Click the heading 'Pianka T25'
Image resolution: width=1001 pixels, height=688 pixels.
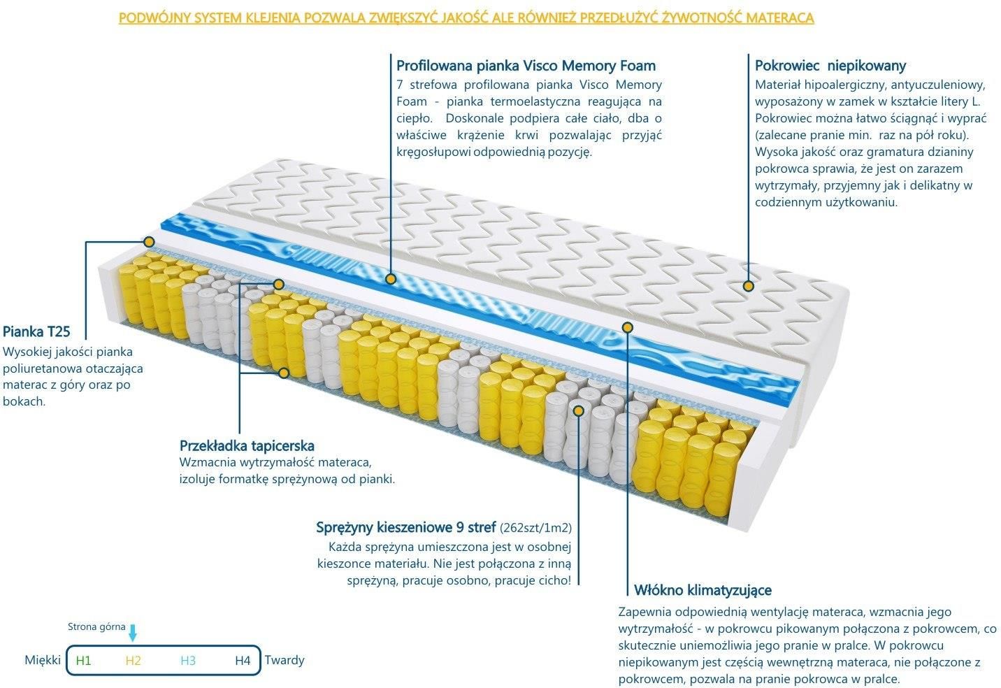pos(36,331)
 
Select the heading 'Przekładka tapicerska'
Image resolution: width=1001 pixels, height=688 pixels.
pos(247,445)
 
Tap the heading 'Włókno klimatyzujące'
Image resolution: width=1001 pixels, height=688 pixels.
pos(703,590)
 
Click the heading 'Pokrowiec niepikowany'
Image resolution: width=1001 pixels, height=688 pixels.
pos(830,66)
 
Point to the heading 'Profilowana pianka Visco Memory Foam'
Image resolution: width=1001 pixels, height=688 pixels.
pos(526,66)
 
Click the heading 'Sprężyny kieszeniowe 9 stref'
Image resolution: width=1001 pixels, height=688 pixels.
pos(405,527)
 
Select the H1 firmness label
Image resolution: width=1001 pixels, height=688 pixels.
pos(84,661)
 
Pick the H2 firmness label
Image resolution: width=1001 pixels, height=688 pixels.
pos(134,661)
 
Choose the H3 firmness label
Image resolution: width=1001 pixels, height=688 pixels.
pos(188,661)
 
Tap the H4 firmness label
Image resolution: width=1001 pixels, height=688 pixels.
pos(243,661)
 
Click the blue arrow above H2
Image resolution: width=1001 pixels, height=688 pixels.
pos(133,633)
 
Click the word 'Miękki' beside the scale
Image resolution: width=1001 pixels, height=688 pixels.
pos(43,660)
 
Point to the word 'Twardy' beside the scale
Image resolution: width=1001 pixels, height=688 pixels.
pos(285,660)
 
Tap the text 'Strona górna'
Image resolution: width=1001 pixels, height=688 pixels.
pos(96,626)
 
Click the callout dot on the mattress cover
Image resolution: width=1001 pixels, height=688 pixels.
pos(749,286)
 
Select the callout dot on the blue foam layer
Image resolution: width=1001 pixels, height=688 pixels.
pos(391,280)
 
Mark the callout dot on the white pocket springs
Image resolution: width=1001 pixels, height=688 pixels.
pos(578,410)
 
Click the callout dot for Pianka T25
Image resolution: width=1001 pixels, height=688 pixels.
pos(150,242)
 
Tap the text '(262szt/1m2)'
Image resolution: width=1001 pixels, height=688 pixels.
pos(536,529)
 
